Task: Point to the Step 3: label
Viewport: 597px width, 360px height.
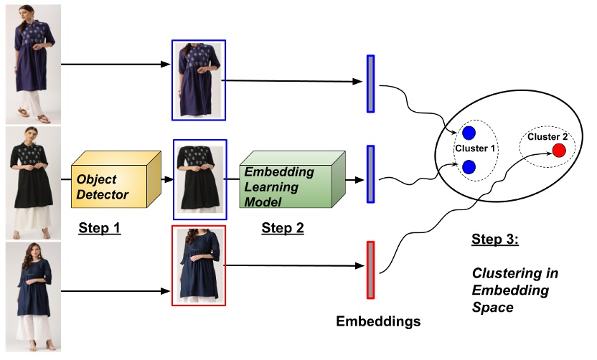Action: point(494,239)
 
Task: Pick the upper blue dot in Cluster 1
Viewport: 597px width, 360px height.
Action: point(469,133)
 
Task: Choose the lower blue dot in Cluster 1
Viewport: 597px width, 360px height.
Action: point(469,166)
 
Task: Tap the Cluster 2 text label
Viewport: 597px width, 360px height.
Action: point(547,136)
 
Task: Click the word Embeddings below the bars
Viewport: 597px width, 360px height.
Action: point(378,321)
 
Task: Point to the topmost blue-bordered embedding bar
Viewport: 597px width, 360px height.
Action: point(370,83)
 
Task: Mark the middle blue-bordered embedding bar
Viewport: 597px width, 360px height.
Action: point(370,174)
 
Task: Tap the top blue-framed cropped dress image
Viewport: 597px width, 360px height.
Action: point(199,80)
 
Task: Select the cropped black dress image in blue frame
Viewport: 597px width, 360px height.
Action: point(199,179)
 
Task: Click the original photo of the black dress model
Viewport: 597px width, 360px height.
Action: point(31,182)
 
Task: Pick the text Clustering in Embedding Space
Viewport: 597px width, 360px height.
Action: point(514,290)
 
